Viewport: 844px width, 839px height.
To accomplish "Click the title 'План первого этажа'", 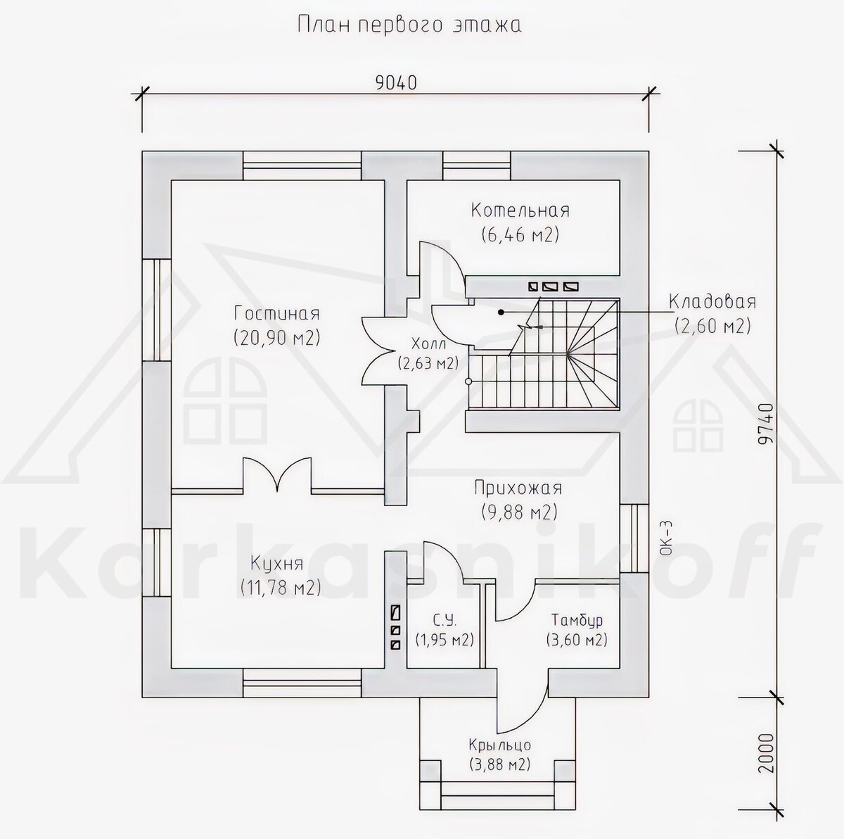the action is coord(409,25).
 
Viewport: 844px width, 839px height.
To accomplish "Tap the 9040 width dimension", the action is coord(396,83).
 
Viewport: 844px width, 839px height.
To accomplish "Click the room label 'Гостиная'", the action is coord(277,313).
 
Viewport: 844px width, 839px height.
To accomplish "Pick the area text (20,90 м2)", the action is coord(277,338).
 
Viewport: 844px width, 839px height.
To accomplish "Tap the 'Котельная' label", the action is coord(520,210).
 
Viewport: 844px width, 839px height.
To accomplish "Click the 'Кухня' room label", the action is coord(277,564).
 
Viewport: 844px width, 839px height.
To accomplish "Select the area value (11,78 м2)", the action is coord(281,588).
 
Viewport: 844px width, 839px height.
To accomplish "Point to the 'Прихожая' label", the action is coord(518,488).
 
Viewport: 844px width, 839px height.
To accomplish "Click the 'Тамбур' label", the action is coord(577,620).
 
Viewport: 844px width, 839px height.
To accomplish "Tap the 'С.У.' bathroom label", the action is coord(445,620).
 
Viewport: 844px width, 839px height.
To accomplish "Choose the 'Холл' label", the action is coord(429,343).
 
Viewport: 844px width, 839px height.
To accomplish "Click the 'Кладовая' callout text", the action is coord(712,302).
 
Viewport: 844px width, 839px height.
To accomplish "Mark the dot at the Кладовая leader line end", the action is coord(500,312).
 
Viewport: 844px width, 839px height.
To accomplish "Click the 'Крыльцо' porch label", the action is coord(500,745).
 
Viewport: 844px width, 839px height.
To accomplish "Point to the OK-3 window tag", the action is coord(667,538).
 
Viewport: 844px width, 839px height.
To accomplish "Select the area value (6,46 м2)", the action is coord(520,235).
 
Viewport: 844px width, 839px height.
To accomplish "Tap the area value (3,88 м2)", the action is coord(500,765).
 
